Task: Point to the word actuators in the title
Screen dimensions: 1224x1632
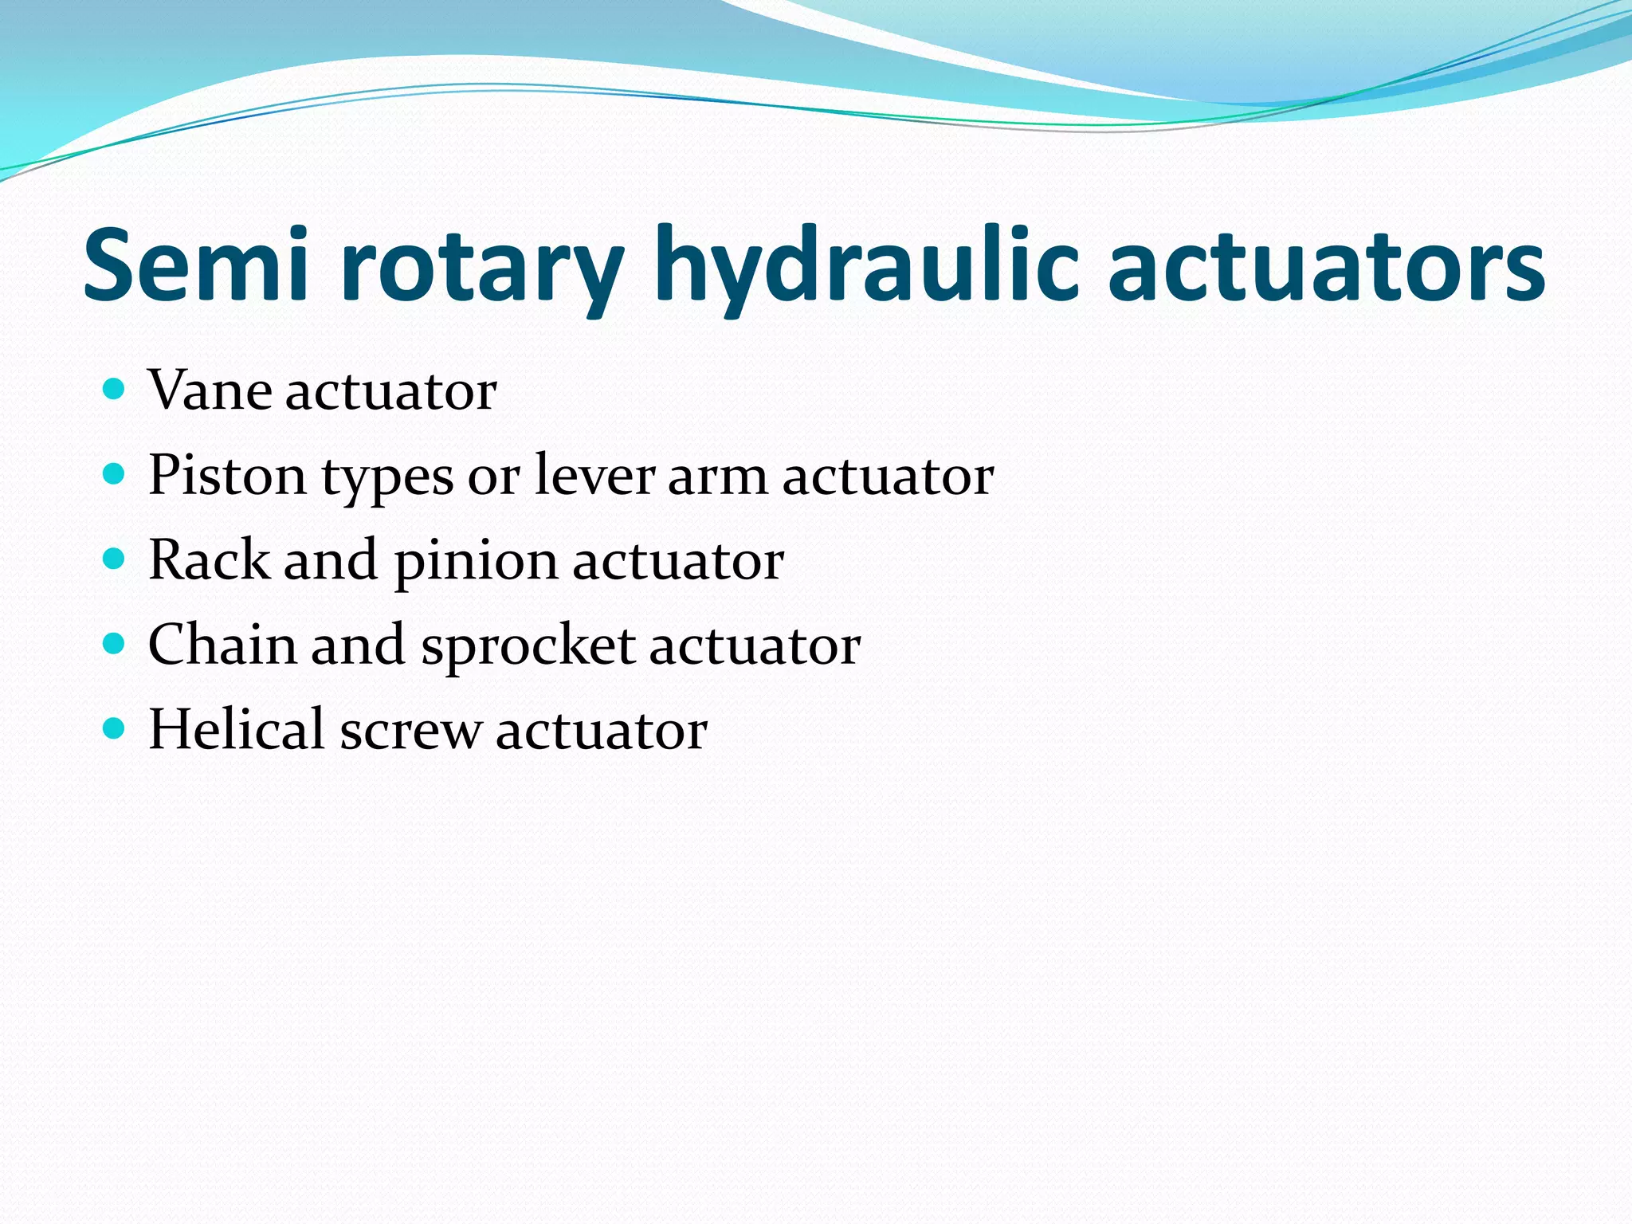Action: pos(1326,267)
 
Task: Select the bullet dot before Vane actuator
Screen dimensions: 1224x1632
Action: pos(115,390)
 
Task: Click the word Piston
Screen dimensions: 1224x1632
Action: pos(227,477)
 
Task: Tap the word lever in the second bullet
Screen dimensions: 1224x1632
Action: pos(594,475)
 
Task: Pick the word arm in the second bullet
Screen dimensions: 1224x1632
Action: pos(717,477)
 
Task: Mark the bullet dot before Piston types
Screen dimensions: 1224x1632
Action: pos(115,475)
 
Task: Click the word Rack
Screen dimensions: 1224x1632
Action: pos(210,559)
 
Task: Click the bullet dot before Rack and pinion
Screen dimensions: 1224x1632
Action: pos(115,559)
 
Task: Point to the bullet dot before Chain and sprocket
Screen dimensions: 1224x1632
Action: pos(115,644)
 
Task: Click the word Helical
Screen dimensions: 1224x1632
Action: pos(236,729)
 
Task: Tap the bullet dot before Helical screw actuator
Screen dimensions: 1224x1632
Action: pos(115,728)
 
